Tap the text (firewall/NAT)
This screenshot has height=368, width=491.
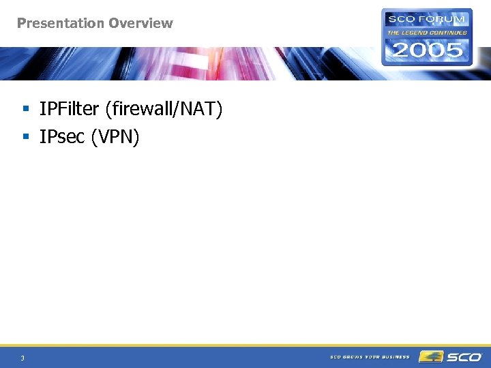(164, 109)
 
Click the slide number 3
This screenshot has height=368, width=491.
(23, 358)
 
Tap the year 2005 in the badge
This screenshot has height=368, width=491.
(428, 50)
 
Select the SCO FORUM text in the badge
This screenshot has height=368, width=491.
(427, 20)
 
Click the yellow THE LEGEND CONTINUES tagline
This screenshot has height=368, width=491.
(428, 32)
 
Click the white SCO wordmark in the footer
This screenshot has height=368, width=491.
(464, 356)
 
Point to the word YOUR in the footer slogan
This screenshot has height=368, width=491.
(373, 356)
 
